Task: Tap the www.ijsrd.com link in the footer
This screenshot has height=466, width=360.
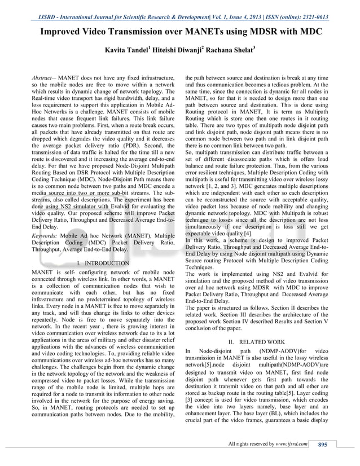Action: pos(291,444)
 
